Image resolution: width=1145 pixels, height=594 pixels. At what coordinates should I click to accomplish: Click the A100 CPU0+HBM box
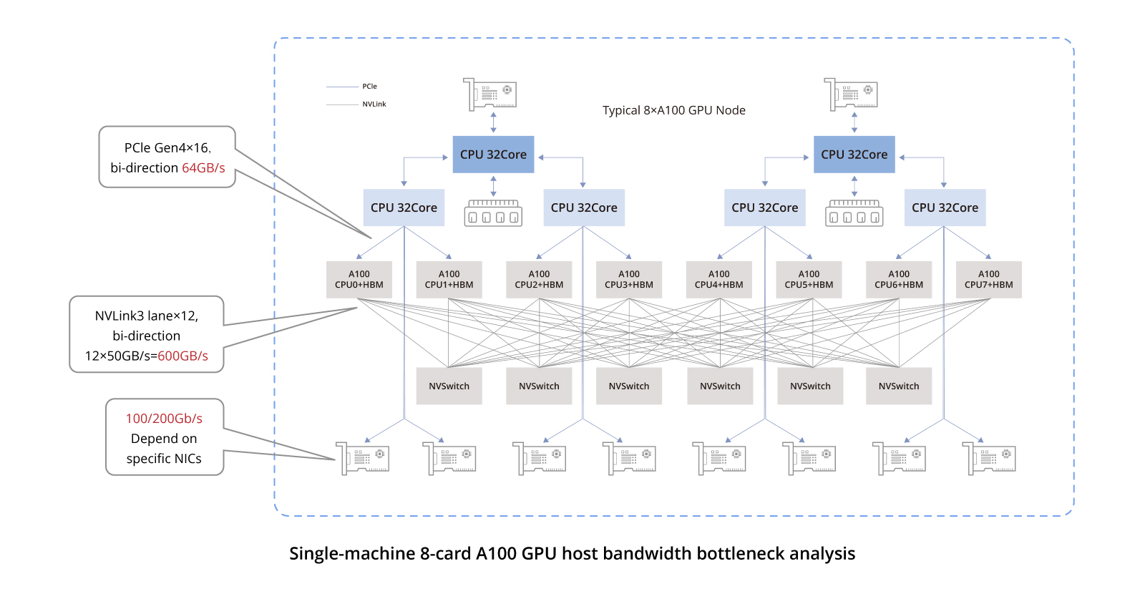pos(359,280)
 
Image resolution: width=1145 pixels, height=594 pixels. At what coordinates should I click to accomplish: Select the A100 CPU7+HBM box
pos(988,280)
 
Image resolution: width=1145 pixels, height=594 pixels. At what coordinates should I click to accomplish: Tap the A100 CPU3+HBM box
pos(629,280)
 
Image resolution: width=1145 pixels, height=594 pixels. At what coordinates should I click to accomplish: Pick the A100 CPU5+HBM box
pos(809,280)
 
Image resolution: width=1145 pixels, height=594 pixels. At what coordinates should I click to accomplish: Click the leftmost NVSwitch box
pos(449,386)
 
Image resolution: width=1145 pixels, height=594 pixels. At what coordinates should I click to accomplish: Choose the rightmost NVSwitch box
pos(899,386)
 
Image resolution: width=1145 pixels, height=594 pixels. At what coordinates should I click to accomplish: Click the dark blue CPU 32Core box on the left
pos(493,155)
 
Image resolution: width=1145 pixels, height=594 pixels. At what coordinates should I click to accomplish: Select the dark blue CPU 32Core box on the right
pos(854,155)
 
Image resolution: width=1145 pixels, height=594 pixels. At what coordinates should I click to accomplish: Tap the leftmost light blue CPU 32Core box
pos(404,208)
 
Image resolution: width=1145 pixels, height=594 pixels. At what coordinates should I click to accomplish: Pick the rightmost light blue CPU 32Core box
pos(945,208)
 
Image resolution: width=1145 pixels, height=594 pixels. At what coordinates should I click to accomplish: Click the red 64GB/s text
pos(203,167)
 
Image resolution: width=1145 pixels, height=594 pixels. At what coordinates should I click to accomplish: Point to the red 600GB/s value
pos(182,356)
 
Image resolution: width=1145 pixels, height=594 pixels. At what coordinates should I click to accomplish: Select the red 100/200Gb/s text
pos(164,419)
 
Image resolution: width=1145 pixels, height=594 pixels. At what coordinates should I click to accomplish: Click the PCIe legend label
pos(369,87)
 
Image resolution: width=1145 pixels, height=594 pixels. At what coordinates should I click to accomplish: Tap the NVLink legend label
pos(374,104)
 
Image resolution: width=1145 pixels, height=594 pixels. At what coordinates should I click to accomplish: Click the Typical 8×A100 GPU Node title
pos(673,110)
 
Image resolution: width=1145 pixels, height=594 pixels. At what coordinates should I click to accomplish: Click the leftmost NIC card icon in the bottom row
pos(362,458)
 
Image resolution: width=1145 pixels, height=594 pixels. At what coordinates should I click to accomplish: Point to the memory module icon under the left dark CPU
pos(493,213)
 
